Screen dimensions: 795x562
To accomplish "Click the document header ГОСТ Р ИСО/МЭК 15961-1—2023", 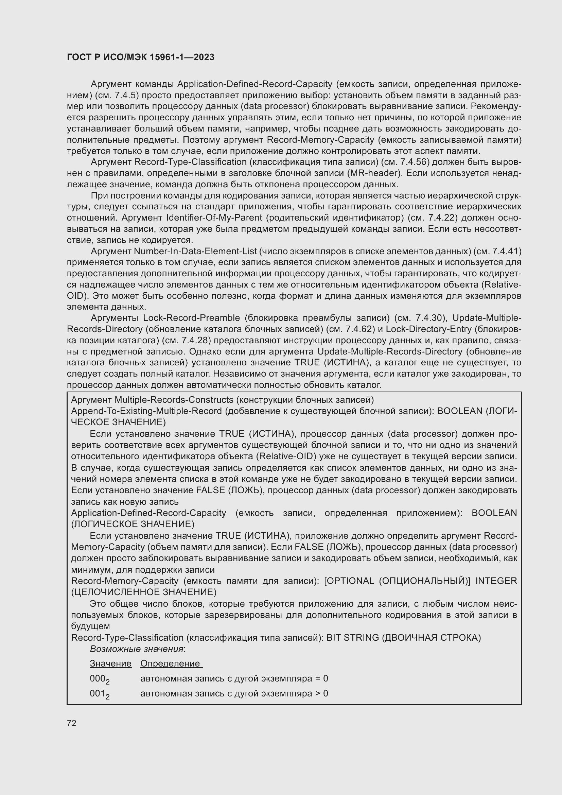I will click(141, 57).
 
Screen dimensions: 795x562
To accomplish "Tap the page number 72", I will click(72, 723).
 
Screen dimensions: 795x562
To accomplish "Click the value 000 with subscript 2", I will click(99, 679).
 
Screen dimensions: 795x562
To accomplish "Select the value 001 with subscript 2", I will click(99, 694).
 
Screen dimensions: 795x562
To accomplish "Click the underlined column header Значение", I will click(110, 663).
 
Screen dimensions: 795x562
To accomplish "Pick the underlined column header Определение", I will click(171, 663).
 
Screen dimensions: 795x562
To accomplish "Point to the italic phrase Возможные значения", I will click(137, 649).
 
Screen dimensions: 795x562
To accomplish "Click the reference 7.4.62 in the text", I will click(359, 329).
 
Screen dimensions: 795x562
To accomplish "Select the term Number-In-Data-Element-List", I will click(195, 251).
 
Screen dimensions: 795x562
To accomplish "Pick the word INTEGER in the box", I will click(495, 581).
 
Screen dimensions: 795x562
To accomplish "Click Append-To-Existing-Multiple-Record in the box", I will click(146, 411).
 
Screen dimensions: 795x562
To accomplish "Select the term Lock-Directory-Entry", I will click(428, 329).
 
